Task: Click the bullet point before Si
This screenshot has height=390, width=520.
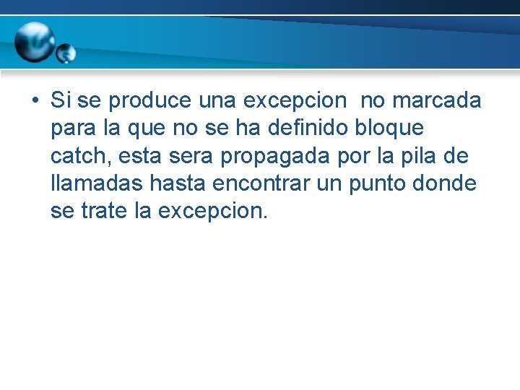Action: pyautogui.click(x=35, y=101)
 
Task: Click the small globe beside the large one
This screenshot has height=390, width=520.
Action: pyautogui.click(x=66, y=53)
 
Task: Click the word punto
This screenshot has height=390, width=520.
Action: pyautogui.click(x=378, y=183)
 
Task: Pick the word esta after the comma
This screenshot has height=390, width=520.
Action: pyautogui.click(x=143, y=156)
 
